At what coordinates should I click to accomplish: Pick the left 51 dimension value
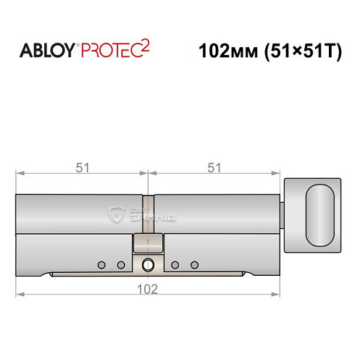coord(82,167)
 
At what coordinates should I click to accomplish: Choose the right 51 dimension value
coord(214,167)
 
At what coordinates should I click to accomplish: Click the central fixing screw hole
coord(148,264)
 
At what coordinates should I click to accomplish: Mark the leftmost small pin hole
coord(102,264)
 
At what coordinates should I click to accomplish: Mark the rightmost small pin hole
coord(193,264)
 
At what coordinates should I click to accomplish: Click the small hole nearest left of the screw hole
coord(120,264)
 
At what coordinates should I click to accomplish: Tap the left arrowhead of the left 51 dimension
coord(20,174)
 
